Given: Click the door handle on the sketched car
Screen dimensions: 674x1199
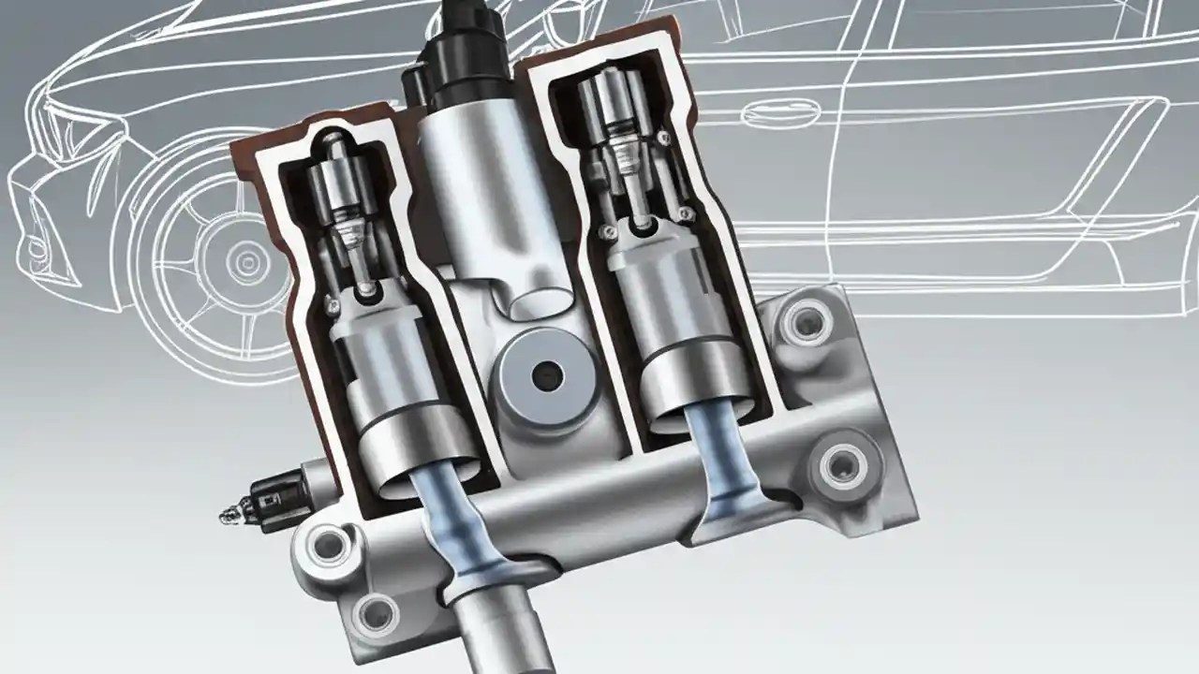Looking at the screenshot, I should (780, 112).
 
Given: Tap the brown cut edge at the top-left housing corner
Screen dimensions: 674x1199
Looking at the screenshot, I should (245, 154).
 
